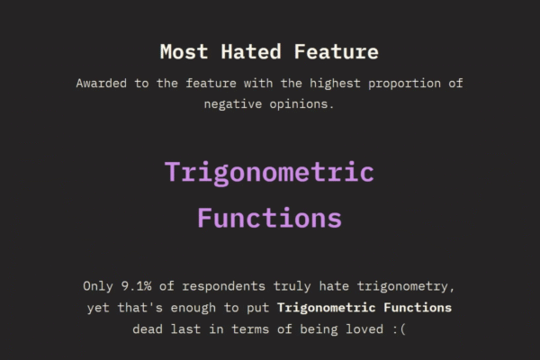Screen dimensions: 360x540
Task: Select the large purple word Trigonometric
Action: [x=269, y=172]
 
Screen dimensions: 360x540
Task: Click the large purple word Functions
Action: [x=269, y=218]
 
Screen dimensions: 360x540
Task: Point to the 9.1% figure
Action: [x=140, y=286]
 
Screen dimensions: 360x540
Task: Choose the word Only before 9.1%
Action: [x=99, y=286]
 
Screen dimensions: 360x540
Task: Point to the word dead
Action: [x=148, y=328]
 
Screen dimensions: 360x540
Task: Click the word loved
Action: [x=361, y=328]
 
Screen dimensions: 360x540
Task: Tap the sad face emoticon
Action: [x=398, y=328]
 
